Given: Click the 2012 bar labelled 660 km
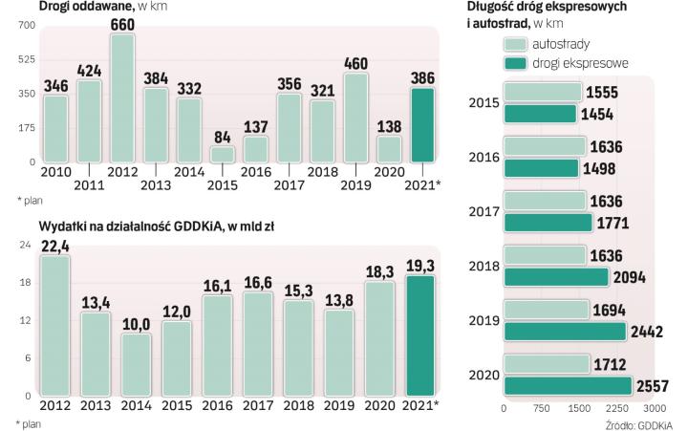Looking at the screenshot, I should click(x=121, y=99).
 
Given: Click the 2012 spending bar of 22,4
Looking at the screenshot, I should click(x=55, y=325).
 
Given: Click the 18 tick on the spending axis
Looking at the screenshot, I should click(x=26, y=283).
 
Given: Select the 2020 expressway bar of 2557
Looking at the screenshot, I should click(x=568, y=386).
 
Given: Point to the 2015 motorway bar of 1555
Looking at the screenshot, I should click(x=543, y=92).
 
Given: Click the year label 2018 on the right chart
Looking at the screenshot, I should click(x=484, y=267).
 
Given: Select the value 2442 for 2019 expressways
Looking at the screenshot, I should click(x=650, y=332).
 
